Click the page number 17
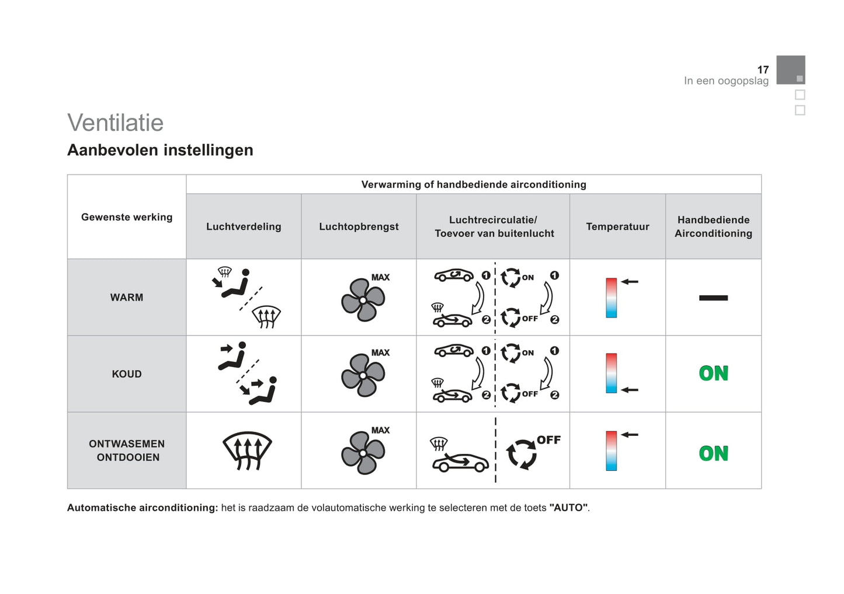click(763, 69)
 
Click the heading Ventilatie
click(115, 123)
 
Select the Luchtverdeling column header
click(244, 226)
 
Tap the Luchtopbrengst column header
click(359, 226)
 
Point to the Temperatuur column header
click(617, 226)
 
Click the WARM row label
click(127, 298)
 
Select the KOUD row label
click(127, 374)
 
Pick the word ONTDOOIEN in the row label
click(128, 457)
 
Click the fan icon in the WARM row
click(363, 300)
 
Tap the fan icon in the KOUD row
click(363, 375)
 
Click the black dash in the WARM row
click(713, 298)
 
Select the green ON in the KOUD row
click(713, 373)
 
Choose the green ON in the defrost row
click(713, 453)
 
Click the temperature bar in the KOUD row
click(611, 373)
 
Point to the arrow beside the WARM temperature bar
click(629, 282)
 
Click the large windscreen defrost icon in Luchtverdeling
click(247, 451)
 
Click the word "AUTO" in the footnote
click(568, 508)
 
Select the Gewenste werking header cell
click(127, 217)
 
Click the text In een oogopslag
click(726, 81)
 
